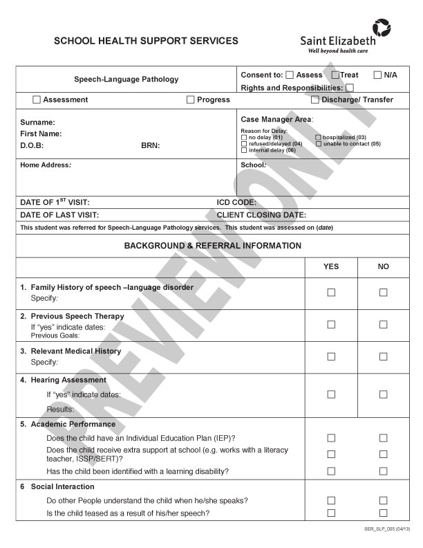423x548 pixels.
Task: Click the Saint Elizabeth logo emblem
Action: point(381,28)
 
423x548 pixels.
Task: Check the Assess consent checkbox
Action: point(290,75)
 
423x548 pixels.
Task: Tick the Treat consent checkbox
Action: point(335,75)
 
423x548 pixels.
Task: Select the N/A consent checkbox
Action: point(378,75)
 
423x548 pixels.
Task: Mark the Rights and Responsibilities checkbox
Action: point(350,88)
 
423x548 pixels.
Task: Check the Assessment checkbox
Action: point(37,100)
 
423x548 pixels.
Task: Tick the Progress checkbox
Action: point(191,100)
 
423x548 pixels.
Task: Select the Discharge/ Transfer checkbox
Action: point(315,100)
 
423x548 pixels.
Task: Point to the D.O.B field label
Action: point(32,146)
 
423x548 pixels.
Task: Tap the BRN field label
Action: point(150,146)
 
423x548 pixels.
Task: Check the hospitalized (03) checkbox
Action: point(319,138)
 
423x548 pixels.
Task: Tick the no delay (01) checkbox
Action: point(244,138)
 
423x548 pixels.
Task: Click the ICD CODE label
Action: point(236,203)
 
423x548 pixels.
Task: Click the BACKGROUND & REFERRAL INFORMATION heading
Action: point(212,246)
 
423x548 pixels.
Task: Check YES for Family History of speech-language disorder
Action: point(331,292)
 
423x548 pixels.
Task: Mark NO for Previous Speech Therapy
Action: point(384,324)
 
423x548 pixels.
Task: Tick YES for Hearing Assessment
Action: point(331,394)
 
